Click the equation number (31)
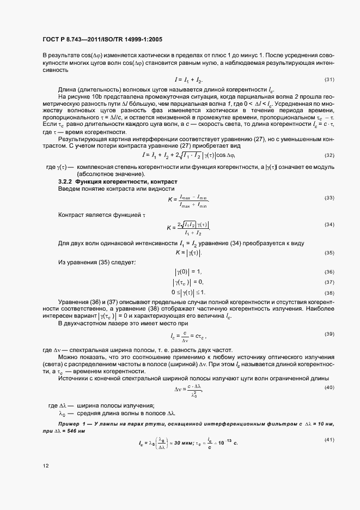pos(330,80)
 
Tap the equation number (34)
pos(330,224)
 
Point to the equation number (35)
pos(330,253)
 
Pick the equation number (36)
pos(330,272)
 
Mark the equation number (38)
pos(330,293)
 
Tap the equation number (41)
pos(330,440)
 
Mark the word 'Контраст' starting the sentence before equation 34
pos(71,215)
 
